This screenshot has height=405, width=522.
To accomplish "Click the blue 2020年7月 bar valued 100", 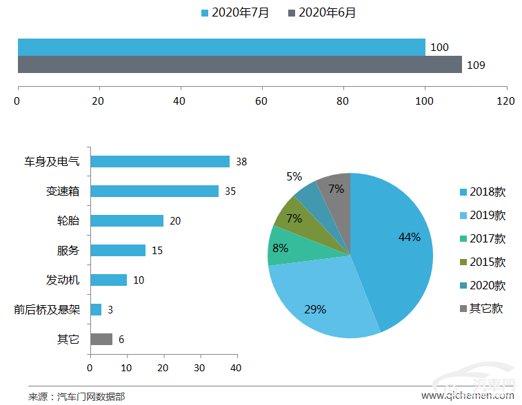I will click(221, 47).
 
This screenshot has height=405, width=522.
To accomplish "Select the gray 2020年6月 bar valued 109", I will click(239, 65).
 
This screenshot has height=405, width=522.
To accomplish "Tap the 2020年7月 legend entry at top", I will click(235, 12).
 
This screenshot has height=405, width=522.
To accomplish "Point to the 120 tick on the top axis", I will click(506, 101).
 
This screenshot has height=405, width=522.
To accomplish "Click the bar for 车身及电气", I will click(160, 161).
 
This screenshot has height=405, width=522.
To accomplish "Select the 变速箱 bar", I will click(154, 191).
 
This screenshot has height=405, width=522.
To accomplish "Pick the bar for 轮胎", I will click(127, 220).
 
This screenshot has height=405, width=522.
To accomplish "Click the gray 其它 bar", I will click(101, 339).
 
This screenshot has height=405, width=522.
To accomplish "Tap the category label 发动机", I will click(63, 280).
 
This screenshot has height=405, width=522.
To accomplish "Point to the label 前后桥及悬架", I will click(47, 309).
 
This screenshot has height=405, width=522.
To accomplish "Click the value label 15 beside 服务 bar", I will click(157, 250).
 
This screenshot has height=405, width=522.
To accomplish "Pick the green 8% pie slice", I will click(282, 248).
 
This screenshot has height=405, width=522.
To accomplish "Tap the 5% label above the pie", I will click(294, 177).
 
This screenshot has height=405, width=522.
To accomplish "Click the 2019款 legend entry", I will click(482, 216).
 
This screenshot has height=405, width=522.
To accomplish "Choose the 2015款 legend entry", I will click(482, 262).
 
